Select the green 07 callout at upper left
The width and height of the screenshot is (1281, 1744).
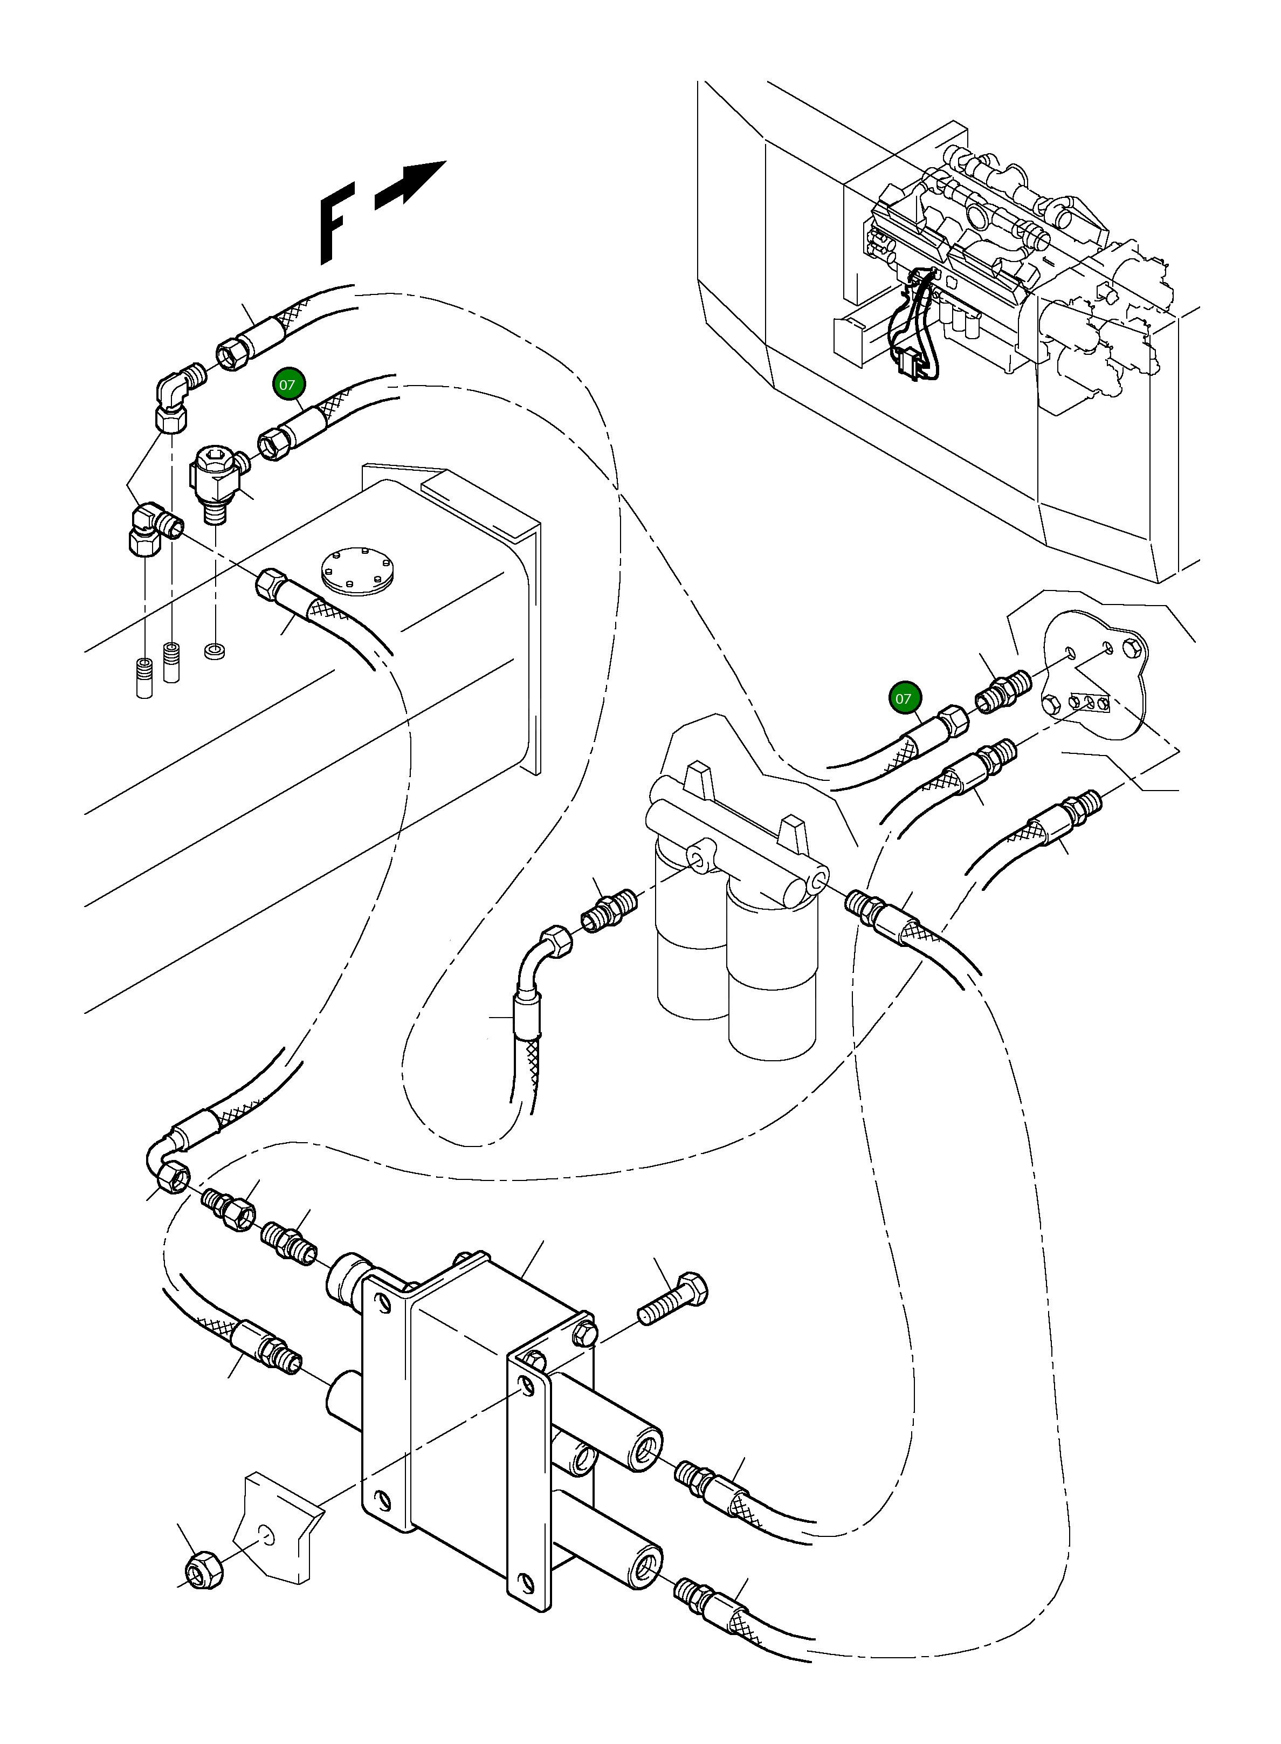(288, 384)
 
